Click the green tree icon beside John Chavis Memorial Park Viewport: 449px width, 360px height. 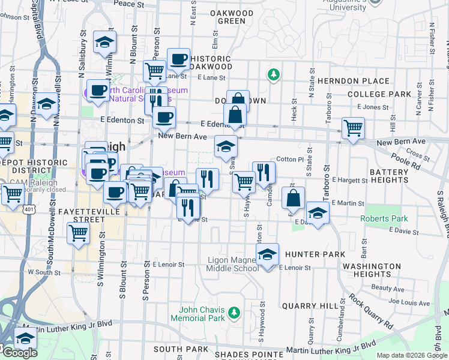[235, 313]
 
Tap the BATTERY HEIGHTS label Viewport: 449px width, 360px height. [388, 176]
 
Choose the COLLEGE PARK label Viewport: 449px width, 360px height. [379, 94]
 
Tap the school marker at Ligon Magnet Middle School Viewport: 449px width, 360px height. [268, 254]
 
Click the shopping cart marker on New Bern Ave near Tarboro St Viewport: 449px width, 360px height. [353, 128]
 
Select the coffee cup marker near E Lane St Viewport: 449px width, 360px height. [178, 59]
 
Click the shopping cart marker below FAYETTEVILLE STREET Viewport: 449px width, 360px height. [78, 233]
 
